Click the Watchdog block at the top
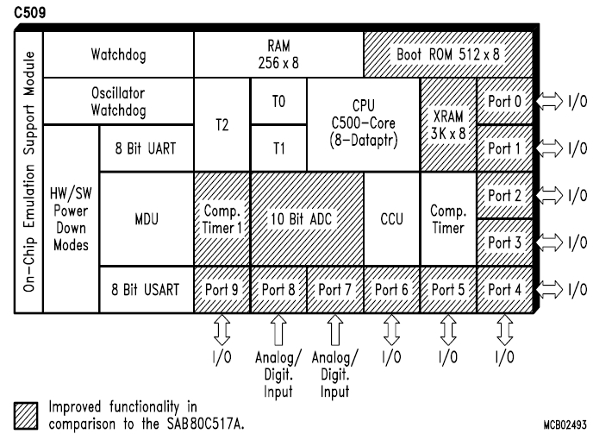click(x=118, y=55)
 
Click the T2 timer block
click(x=222, y=124)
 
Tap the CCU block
click(x=391, y=219)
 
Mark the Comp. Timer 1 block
click(x=222, y=219)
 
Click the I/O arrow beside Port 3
click(x=550, y=242)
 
